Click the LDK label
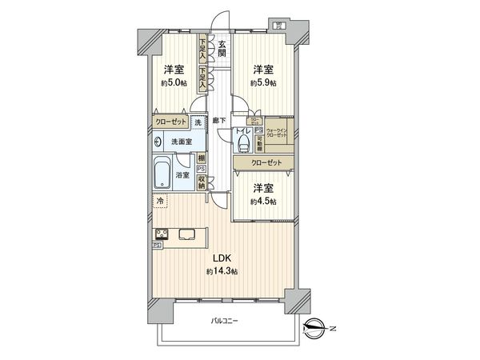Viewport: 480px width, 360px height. point(220,258)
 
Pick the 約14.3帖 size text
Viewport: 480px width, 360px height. point(220,272)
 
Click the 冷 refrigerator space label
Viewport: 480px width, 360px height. point(159,201)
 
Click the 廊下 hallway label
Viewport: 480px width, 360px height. point(219,120)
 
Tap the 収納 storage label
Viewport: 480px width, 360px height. point(202,183)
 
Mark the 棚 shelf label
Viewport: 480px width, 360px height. point(202,158)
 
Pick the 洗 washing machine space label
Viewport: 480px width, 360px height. point(198,122)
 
